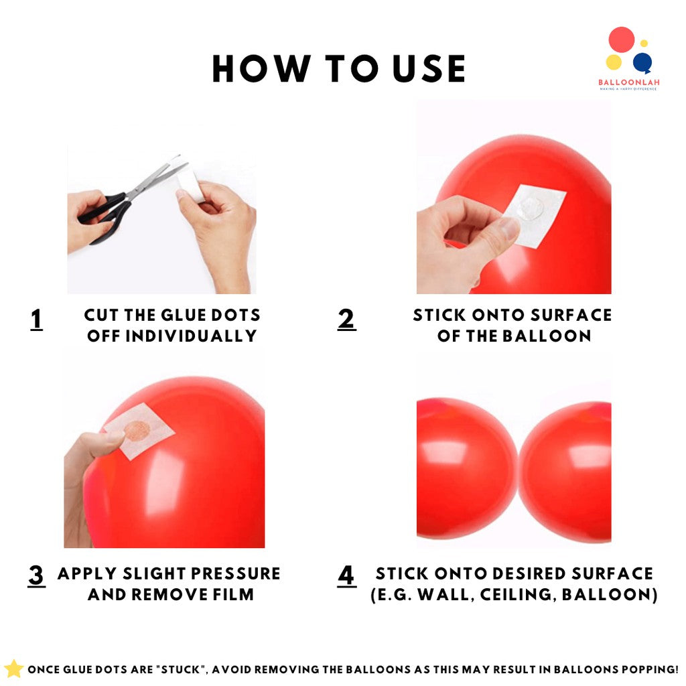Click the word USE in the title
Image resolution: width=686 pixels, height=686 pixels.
tap(429, 69)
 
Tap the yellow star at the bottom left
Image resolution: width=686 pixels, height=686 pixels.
tap(13, 669)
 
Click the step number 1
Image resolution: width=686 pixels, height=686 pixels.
tap(37, 320)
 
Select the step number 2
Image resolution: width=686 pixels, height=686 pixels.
tap(346, 320)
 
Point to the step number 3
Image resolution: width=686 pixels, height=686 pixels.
tap(37, 575)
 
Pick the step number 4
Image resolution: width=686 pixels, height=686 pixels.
tap(346, 575)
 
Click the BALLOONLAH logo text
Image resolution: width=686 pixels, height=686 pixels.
tap(628, 82)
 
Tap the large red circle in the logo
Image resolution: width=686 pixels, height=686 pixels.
tap(621, 40)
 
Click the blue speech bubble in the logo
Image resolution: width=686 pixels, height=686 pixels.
tap(642, 63)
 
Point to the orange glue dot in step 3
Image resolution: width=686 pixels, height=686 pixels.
tap(137, 431)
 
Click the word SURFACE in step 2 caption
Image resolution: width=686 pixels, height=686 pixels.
tap(571, 315)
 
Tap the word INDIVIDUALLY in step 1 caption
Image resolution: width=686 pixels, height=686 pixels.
tap(191, 336)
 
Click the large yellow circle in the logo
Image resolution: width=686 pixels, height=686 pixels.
tap(614, 62)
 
